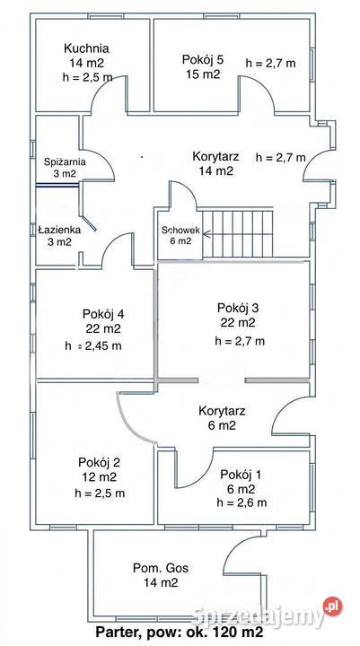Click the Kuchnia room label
point(87,48)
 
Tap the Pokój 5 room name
point(202,59)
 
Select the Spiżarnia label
point(63,161)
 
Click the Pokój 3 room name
point(236,306)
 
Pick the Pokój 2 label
point(99,462)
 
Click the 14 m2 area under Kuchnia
point(87,62)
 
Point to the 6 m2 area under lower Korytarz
point(222,426)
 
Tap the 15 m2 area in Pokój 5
point(202,74)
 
